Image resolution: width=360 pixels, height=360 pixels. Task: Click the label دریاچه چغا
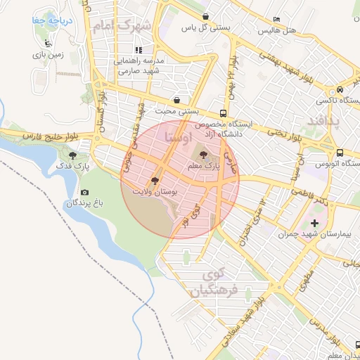46,21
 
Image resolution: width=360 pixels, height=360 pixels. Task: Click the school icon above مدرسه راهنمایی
139,50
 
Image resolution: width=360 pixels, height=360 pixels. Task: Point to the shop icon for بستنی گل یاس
205,17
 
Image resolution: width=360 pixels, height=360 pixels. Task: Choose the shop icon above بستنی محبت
176,100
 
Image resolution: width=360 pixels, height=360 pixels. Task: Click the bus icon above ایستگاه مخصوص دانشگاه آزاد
223,112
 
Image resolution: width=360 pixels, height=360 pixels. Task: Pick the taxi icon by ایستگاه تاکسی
340,90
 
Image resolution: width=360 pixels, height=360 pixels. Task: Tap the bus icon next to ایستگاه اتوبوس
340,152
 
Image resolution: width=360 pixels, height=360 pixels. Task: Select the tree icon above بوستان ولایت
155,180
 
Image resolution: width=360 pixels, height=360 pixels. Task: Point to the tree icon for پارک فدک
72,157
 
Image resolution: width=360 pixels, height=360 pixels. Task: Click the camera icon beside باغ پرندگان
85,193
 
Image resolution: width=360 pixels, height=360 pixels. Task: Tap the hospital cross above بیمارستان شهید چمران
314,223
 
